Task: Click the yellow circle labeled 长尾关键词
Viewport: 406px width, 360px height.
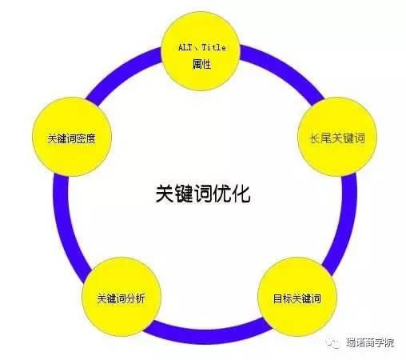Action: point(337,137)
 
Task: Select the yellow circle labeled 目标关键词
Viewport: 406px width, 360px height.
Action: point(297,297)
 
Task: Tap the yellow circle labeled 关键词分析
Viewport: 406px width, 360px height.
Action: point(121,297)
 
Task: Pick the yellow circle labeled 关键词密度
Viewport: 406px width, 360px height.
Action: point(72,137)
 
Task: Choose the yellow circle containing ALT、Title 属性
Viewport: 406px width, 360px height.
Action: point(201,51)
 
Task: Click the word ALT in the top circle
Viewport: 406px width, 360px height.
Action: point(185,48)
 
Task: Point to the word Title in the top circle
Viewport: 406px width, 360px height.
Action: point(214,48)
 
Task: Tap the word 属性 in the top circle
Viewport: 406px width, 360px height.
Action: point(201,64)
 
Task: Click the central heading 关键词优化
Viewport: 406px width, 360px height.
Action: point(203,194)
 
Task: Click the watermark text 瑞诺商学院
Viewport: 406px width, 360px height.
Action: point(370,342)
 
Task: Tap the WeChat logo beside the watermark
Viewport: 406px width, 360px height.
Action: point(333,342)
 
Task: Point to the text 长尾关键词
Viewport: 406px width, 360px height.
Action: point(337,138)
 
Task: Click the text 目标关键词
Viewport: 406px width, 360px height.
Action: point(297,298)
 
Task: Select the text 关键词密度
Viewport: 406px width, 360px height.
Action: point(71,138)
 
